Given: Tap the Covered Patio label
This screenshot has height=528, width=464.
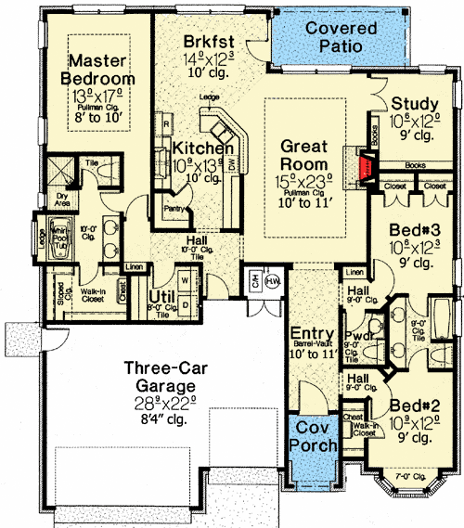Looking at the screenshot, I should [342, 36].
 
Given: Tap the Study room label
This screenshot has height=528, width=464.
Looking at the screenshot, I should [414, 103].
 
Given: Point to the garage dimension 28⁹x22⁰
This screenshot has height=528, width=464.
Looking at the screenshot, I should [161, 404].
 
